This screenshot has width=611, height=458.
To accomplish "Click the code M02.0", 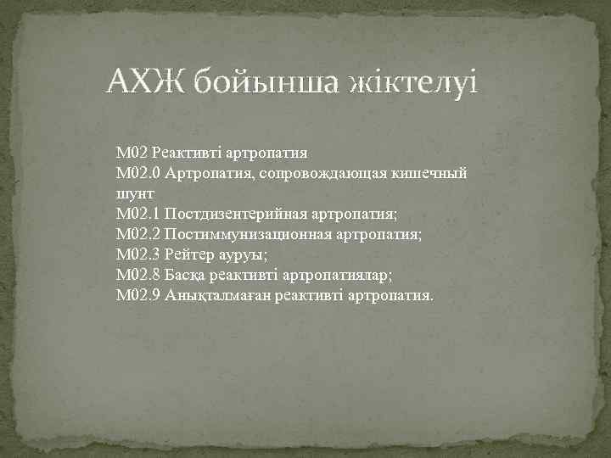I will pos(138,174).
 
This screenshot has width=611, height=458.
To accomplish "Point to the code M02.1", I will pos(138,213).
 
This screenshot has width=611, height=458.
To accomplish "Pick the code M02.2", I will pos(138,233).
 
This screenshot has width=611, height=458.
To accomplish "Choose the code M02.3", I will pos(138,254).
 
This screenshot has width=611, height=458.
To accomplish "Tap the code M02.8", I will pos(138,274).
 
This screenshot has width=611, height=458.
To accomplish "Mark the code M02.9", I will pos(138,294).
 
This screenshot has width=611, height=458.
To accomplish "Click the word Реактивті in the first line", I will pos(188,154).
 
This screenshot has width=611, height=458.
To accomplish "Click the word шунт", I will pos(133,193).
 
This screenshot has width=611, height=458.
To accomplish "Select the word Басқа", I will pos(185,274).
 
